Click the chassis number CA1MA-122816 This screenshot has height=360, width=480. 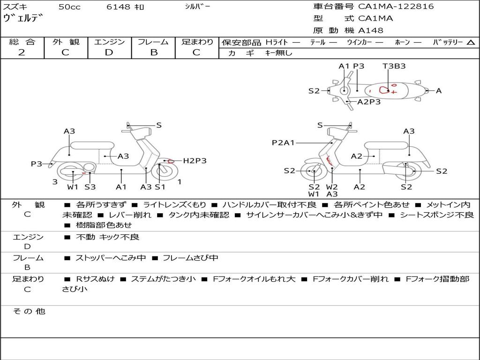[x=396, y=7]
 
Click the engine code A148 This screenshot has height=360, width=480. [x=371, y=30]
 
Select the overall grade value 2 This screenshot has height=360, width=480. [x=22, y=52]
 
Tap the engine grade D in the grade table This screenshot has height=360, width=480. [x=109, y=52]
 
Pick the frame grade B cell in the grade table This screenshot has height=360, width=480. [x=153, y=52]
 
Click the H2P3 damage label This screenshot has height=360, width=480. [x=195, y=161]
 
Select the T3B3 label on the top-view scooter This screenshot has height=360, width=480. [x=394, y=66]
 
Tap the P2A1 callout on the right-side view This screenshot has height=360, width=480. [x=283, y=142]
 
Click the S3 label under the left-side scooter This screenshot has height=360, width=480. [x=90, y=187]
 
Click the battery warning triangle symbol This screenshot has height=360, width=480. [x=471, y=43]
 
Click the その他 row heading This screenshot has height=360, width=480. [x=29, y=311]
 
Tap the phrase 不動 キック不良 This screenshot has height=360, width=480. [x=107, y=237]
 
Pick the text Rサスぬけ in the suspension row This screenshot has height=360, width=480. [x=95, y=279]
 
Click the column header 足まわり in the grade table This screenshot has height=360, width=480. [x=197, y=42]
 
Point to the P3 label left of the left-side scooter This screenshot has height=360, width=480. [x=37, y=164]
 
